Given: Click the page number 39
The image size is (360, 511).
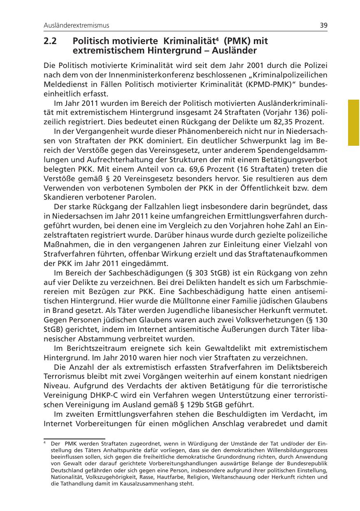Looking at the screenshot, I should pyautogui.click(x=323, y=26).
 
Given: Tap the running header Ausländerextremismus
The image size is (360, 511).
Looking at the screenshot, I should pyautogui.click(x=77, y=26).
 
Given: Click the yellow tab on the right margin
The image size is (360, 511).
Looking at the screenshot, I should pyautogui.click(x=353, y=122).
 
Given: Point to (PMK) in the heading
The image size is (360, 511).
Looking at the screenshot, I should pyautogui.click(x=238, y=42).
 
